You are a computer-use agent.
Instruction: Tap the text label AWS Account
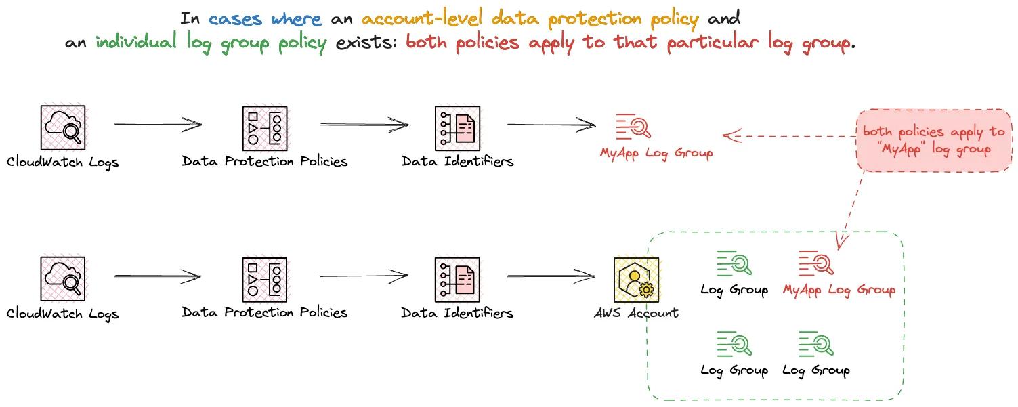636,313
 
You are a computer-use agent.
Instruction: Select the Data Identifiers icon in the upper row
457,127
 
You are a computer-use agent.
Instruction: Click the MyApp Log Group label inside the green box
839,291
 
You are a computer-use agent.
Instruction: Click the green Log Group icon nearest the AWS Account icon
734,263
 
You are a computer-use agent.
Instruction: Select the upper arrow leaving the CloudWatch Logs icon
158,125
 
